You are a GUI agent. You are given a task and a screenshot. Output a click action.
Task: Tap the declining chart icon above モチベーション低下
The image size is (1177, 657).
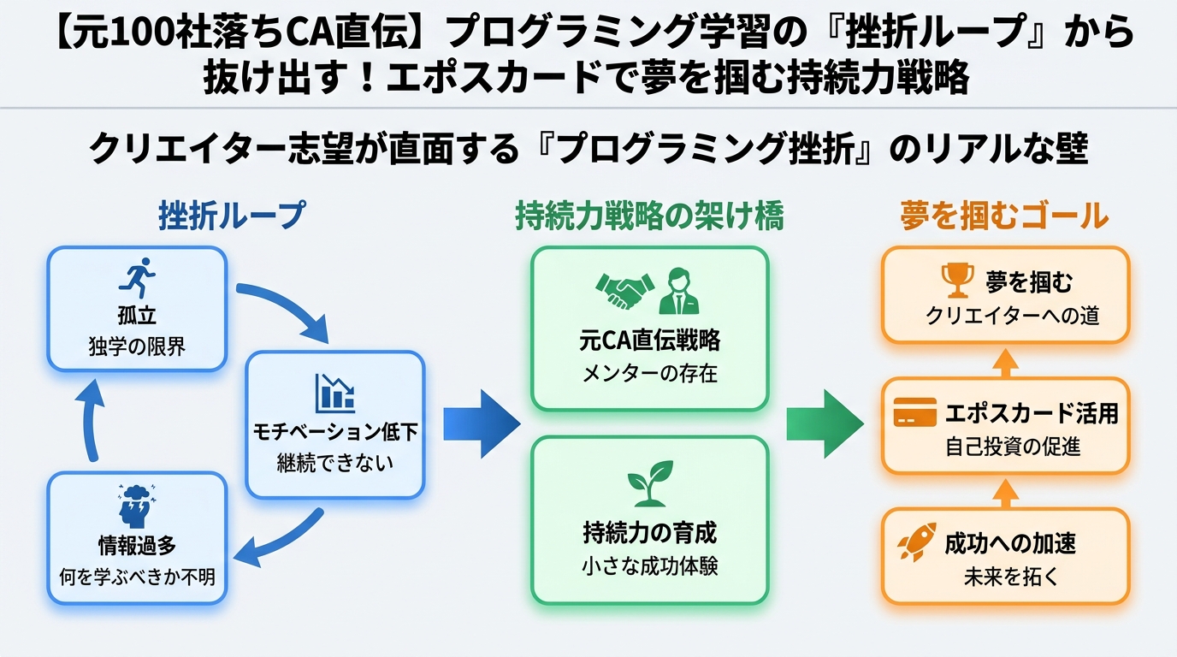[334, 392]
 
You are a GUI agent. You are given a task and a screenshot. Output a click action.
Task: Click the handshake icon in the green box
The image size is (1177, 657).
[624, 292]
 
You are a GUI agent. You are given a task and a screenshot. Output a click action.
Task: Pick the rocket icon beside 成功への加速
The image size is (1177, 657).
[916, 542]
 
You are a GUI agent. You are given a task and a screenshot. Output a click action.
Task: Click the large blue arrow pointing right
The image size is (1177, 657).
[481, 423]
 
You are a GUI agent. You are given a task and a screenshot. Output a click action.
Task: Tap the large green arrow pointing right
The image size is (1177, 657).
[825, 423]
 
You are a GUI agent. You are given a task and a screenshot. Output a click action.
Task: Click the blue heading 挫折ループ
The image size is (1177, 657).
[231, 216]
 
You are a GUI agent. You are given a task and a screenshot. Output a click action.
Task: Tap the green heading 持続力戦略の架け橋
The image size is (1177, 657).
[649, 216]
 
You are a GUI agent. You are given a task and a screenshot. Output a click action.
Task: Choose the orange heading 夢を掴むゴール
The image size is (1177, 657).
[1004, 216]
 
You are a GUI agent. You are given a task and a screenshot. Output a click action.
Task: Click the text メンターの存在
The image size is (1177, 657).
[650, 374]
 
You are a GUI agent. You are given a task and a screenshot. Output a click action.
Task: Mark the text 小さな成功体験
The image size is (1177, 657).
[650, 565]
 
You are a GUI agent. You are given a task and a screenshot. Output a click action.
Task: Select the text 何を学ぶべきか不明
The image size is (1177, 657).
[137, 577]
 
